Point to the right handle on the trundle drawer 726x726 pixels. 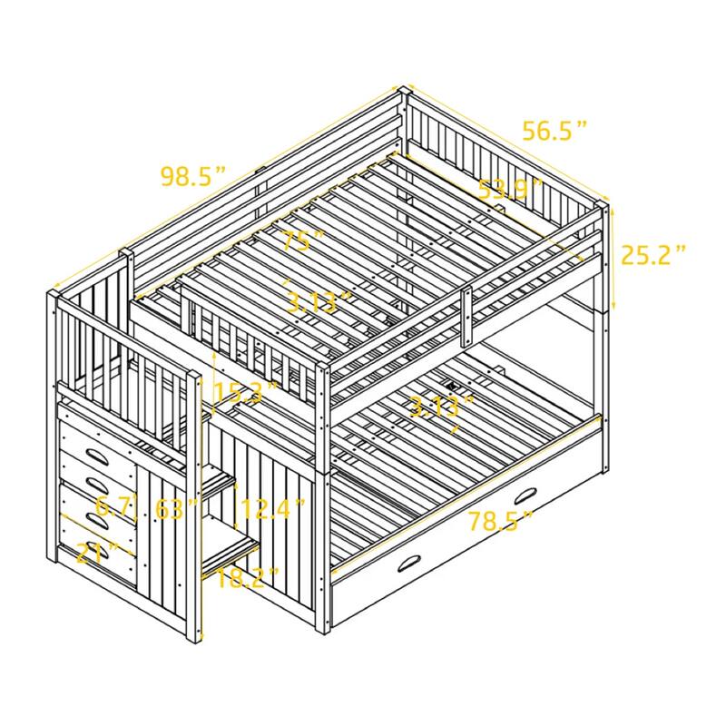pyautogui.click(x=525, y=496)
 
